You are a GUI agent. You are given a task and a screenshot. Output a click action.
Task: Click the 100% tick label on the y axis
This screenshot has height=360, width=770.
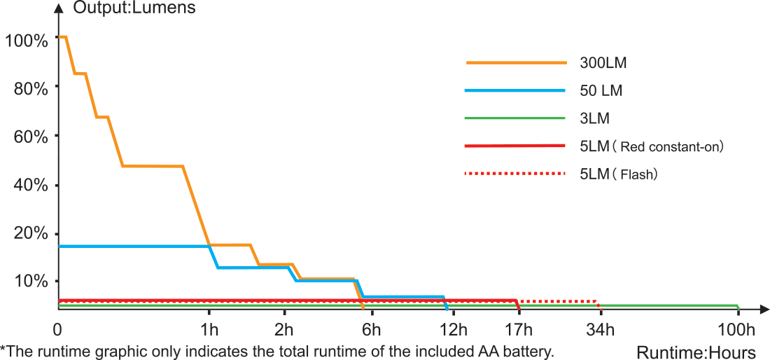(x=26, y=40)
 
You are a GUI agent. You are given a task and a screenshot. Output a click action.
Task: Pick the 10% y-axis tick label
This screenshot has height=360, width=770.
(x=29, y=282)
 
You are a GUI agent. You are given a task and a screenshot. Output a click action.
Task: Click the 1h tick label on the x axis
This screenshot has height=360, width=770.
(x=208, y=330)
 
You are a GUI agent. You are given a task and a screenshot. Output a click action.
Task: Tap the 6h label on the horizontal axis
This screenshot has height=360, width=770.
(x=370, y=330)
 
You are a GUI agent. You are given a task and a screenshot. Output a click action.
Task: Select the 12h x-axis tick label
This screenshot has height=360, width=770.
(x=453, y=330)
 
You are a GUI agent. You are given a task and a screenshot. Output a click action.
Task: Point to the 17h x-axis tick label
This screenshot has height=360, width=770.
(x=519, y=330)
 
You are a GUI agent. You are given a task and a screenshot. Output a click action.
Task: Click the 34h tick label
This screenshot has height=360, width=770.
(x=601, y=330)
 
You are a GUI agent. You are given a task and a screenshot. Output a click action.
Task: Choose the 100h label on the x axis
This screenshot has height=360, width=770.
(x=737, y=330)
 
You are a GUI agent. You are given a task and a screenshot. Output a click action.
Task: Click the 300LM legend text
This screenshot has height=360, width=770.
(x=603, y=62)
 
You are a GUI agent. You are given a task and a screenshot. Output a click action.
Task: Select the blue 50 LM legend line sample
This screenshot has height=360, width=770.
(x=514, y=90)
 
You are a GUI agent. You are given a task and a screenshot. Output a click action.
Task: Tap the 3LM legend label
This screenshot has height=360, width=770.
(x=595, y=118)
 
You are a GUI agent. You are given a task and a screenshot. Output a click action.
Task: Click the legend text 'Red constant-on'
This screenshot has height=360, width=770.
(x=671, y=147)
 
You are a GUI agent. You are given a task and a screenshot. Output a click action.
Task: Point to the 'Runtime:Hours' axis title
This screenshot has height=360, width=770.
(x=696, y=352)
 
